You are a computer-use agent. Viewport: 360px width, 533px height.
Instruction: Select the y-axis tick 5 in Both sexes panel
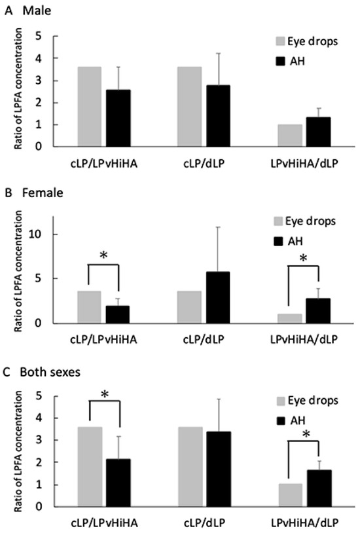click(40, 396)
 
